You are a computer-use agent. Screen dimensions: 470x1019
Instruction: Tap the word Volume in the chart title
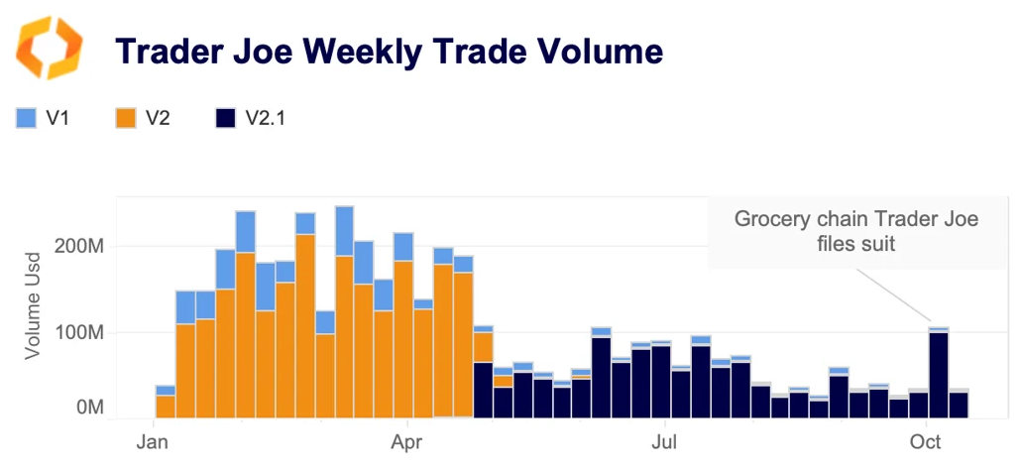tap(594, 50)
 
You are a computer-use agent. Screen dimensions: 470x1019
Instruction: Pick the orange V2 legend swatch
tap(125, 118)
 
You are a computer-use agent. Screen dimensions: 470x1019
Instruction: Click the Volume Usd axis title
tap(35, 307)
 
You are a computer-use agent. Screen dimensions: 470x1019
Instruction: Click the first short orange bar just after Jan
tap(166, 407)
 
